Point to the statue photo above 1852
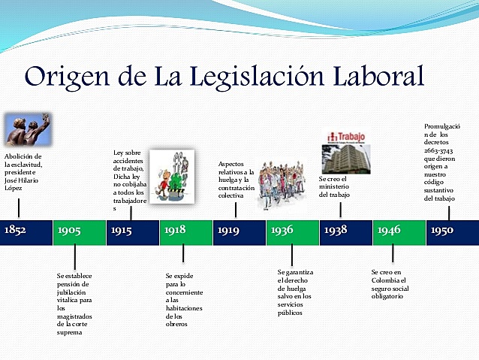26,129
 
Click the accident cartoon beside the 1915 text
171,177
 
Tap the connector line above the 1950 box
449,212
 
